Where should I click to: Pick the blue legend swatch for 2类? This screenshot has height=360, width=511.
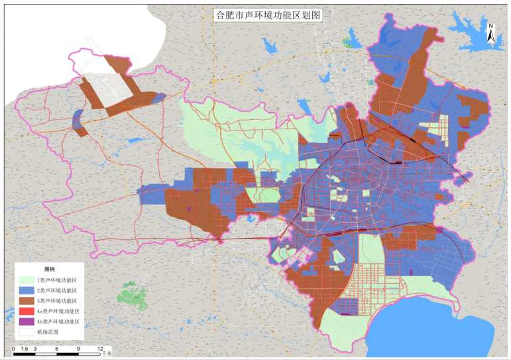point(26,290)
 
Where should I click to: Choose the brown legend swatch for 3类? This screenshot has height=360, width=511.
point(26,301)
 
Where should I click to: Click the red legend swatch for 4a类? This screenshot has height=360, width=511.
point(26,311)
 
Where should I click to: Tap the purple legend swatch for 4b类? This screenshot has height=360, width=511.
point(26,322)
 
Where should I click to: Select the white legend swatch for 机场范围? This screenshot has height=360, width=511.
point(26,331)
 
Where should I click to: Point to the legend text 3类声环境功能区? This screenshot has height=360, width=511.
point(58,301)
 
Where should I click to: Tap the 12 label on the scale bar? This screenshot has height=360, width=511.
point(101,347)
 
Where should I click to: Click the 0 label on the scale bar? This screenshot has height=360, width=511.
point(14,347)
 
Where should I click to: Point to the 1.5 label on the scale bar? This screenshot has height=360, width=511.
point(25,347)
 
